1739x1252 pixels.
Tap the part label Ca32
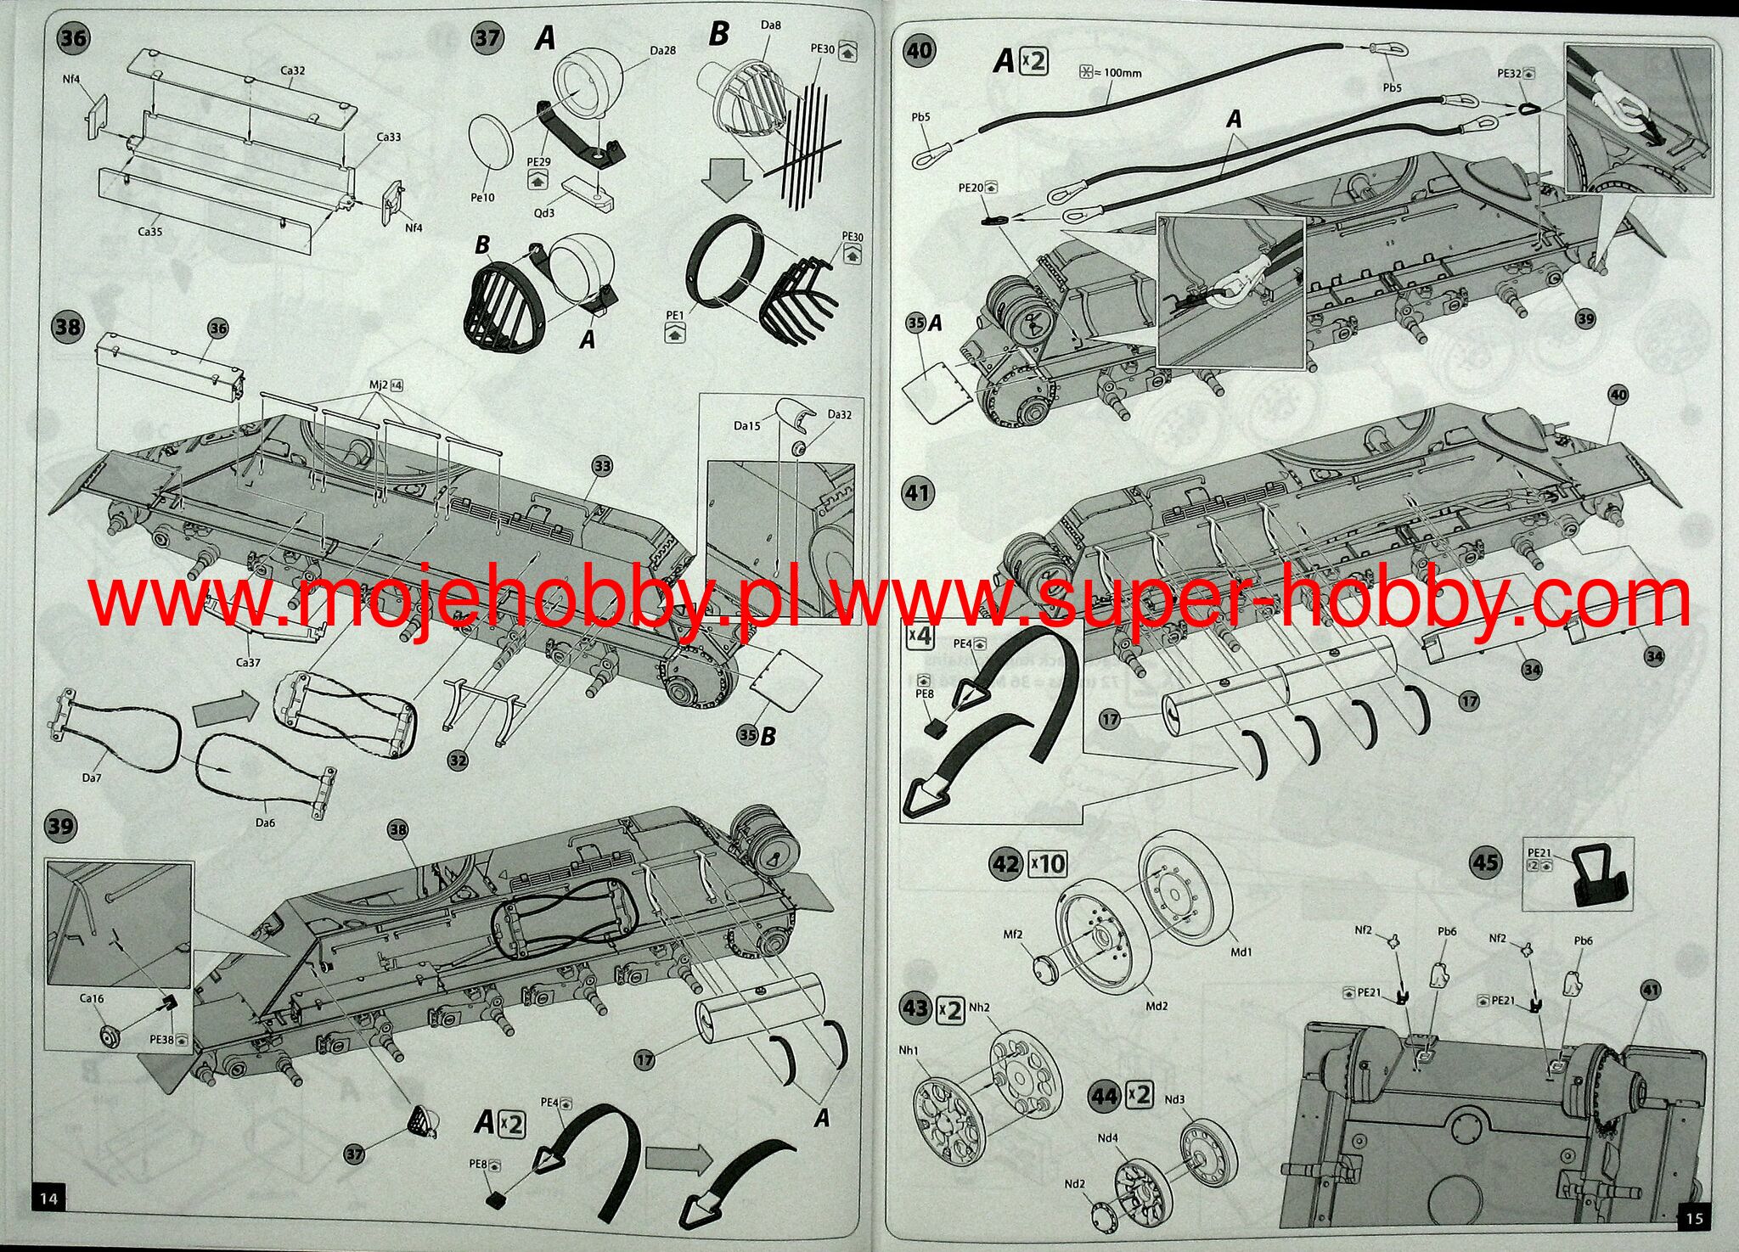pyautogui.click(x=292, y=70)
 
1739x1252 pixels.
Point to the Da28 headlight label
pyautogui.click(x=663, y=51)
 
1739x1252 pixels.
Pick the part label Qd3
pyautogui.click(x=543, y=212)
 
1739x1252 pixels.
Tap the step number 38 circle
pyautogui.click(x=69, y=327)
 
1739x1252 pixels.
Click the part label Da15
pyautogui.click(x=747, y=426)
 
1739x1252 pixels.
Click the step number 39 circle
pyautogui.click(x=60, y=826)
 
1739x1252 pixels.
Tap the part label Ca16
pyautogui.click(x=92, y=998)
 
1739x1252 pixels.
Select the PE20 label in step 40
pyautogui.click(x=971, y=188)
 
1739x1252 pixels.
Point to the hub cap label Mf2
pyautogui.click(x=1013, y=935)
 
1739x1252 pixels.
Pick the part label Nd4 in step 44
pyautogui.click(x=1107, y=1138)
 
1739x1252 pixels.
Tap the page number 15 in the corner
pyautogui.click(x=1693, y=1218)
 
